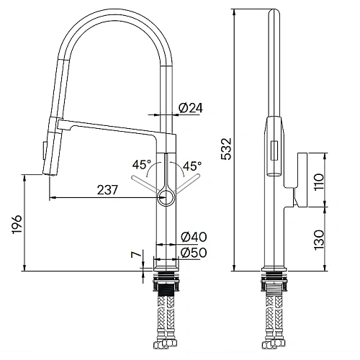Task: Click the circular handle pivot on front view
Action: point(165,194)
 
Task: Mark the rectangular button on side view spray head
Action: point(274,150)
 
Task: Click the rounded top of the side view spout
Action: point(274,12)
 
